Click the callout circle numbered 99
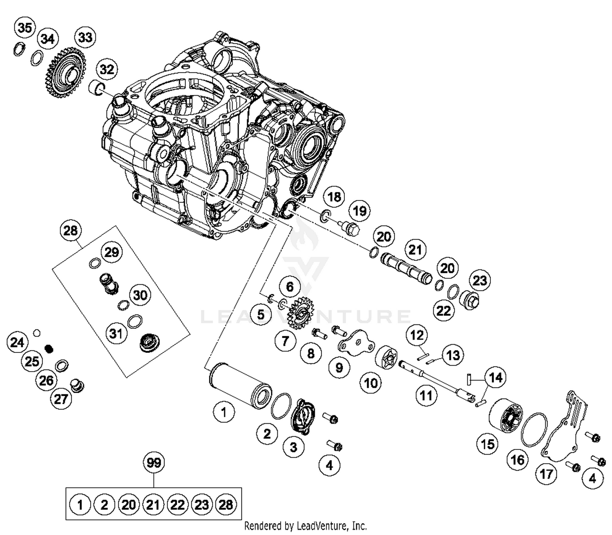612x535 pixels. tap(154, 462)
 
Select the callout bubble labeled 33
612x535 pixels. tap(85, 37)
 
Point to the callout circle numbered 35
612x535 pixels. tap(24, 28)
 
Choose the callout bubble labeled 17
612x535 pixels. tap(546, 474)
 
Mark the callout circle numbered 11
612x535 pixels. tap(426, 395)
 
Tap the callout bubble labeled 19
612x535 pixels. tap(359, 211)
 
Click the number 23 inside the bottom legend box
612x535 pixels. tap(202, 505)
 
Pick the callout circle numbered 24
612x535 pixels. tap(17, 342)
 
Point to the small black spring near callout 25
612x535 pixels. tap(49, 349)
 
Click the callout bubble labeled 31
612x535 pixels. tap(116, 333)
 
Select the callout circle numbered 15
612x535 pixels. tap(488, 444)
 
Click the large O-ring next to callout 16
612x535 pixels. tap(534, 429)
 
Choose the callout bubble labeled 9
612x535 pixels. tap(339, 368)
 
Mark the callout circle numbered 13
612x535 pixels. tap(453, 355)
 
